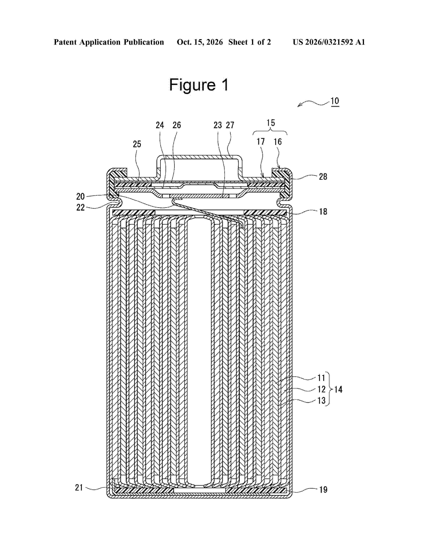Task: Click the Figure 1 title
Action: [199, 85]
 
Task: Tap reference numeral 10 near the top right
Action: [335, 101]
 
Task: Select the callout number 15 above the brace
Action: [271, 123]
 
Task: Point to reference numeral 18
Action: [323, 211]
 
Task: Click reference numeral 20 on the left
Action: [80, 196]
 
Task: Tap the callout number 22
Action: [80, 207]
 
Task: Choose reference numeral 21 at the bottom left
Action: [79, 487]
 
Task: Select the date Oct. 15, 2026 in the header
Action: [200, 42]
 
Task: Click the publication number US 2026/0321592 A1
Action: [329, 42]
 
